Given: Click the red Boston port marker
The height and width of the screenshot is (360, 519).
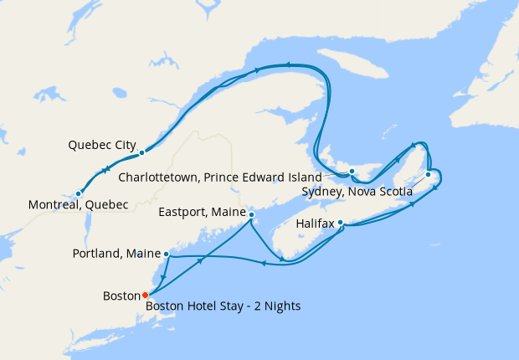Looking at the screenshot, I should (145, 295).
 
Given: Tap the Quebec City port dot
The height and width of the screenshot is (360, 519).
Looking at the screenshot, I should (142, 152).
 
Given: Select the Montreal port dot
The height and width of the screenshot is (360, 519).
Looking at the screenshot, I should (78, 193).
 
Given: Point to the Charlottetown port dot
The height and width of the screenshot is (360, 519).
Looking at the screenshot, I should (352, 172).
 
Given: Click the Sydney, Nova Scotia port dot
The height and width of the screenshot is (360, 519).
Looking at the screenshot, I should (428, 174).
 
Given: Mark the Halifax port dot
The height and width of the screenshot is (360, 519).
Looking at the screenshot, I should (340, 223).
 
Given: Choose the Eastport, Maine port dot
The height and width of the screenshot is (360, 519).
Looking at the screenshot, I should (251, 215).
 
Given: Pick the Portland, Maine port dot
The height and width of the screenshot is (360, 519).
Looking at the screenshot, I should (166, 254).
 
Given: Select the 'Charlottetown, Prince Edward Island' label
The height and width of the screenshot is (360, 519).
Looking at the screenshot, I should (220, 177).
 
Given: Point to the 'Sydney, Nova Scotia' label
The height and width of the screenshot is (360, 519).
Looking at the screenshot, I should (357, 192).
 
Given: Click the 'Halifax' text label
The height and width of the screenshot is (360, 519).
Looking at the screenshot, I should (315, 224).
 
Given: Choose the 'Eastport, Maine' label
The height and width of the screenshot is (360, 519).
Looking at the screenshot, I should (202, 213).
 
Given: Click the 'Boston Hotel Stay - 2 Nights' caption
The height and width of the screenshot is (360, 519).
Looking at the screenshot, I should (224, 306).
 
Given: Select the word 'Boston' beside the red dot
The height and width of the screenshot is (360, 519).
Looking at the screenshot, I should (121, 296).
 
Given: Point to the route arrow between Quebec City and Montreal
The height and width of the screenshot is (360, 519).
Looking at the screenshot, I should (106, 172).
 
